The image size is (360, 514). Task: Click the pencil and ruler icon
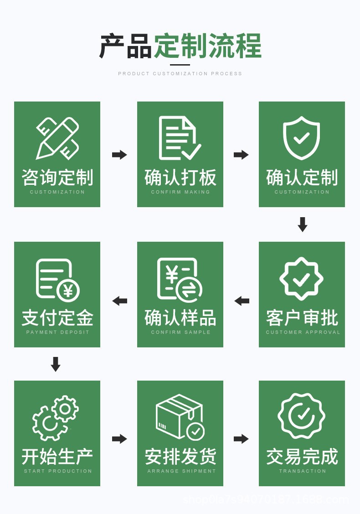[57, 138]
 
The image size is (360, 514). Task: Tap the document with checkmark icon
[180, 138]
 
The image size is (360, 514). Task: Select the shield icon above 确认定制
[301, 137]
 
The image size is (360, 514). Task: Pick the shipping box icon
[180, 417]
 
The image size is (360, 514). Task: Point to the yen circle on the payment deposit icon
[68, 290]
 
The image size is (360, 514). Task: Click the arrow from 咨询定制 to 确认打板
[119, 155]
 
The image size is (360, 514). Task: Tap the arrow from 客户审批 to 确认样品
[242, 301]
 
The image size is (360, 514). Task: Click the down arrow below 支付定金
[56, 364]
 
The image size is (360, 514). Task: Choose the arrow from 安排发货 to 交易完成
[241, 439]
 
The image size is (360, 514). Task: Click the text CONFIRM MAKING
[180, 192]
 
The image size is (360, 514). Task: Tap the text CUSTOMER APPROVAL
[303, 332]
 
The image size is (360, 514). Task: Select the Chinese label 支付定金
[57, 318]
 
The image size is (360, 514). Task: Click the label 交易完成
[302, 457]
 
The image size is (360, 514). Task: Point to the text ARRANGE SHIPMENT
[181, 471]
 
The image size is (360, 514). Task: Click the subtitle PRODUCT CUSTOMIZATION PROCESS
[180, 74]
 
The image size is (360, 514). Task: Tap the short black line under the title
[180, 65]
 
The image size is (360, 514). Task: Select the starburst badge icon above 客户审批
[301, 279]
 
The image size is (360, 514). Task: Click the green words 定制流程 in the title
[208, 46]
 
